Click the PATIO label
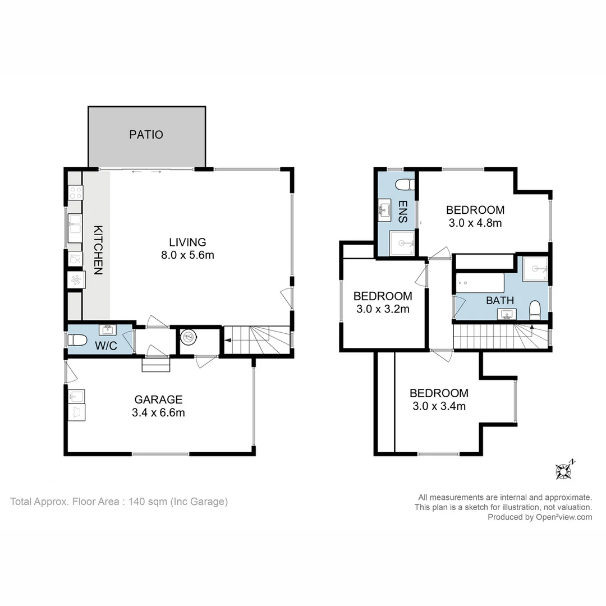coord(146,135)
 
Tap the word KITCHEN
coord(98,250)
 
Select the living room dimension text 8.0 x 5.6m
coord(187,255)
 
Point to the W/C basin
coord(108,330)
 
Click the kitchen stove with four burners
coord(75,192)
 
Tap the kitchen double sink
coord(75,228)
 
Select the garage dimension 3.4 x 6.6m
coord(158,413)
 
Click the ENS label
coord(403,212)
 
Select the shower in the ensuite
coord(402,243)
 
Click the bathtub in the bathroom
coord(480,283)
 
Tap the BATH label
coord(500,300)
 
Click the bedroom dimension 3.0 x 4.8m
coord(475,223)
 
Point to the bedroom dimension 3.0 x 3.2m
coord(383,309)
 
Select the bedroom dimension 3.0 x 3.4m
coord(439,406)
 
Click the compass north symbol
coord(564,470)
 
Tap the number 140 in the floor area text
coord(136,502)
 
